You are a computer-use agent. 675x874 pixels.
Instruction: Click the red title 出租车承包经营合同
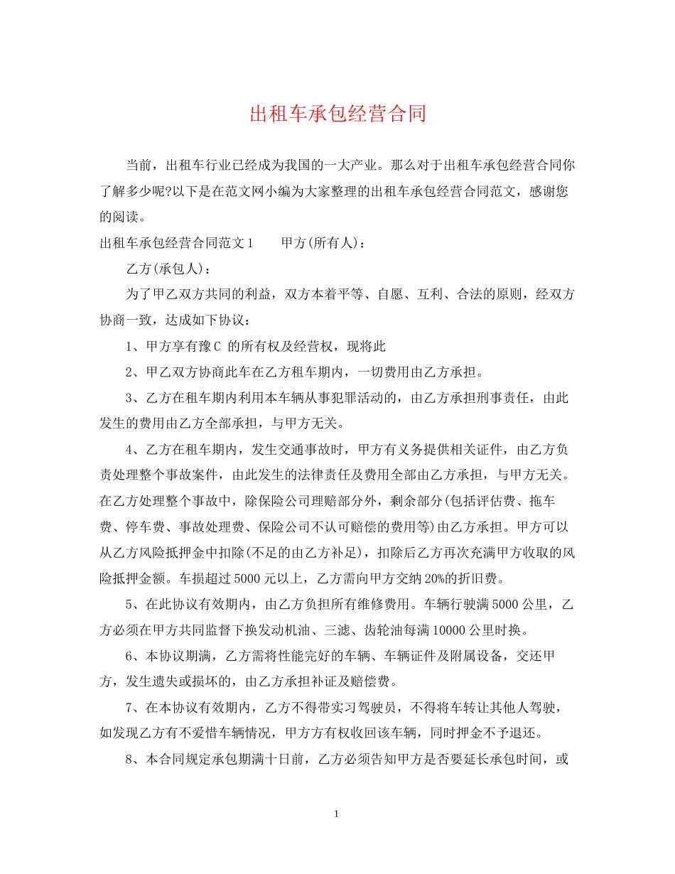[337, 114]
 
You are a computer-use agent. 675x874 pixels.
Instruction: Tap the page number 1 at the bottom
[337, 814]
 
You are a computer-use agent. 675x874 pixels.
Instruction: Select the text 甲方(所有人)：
[324, 242]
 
